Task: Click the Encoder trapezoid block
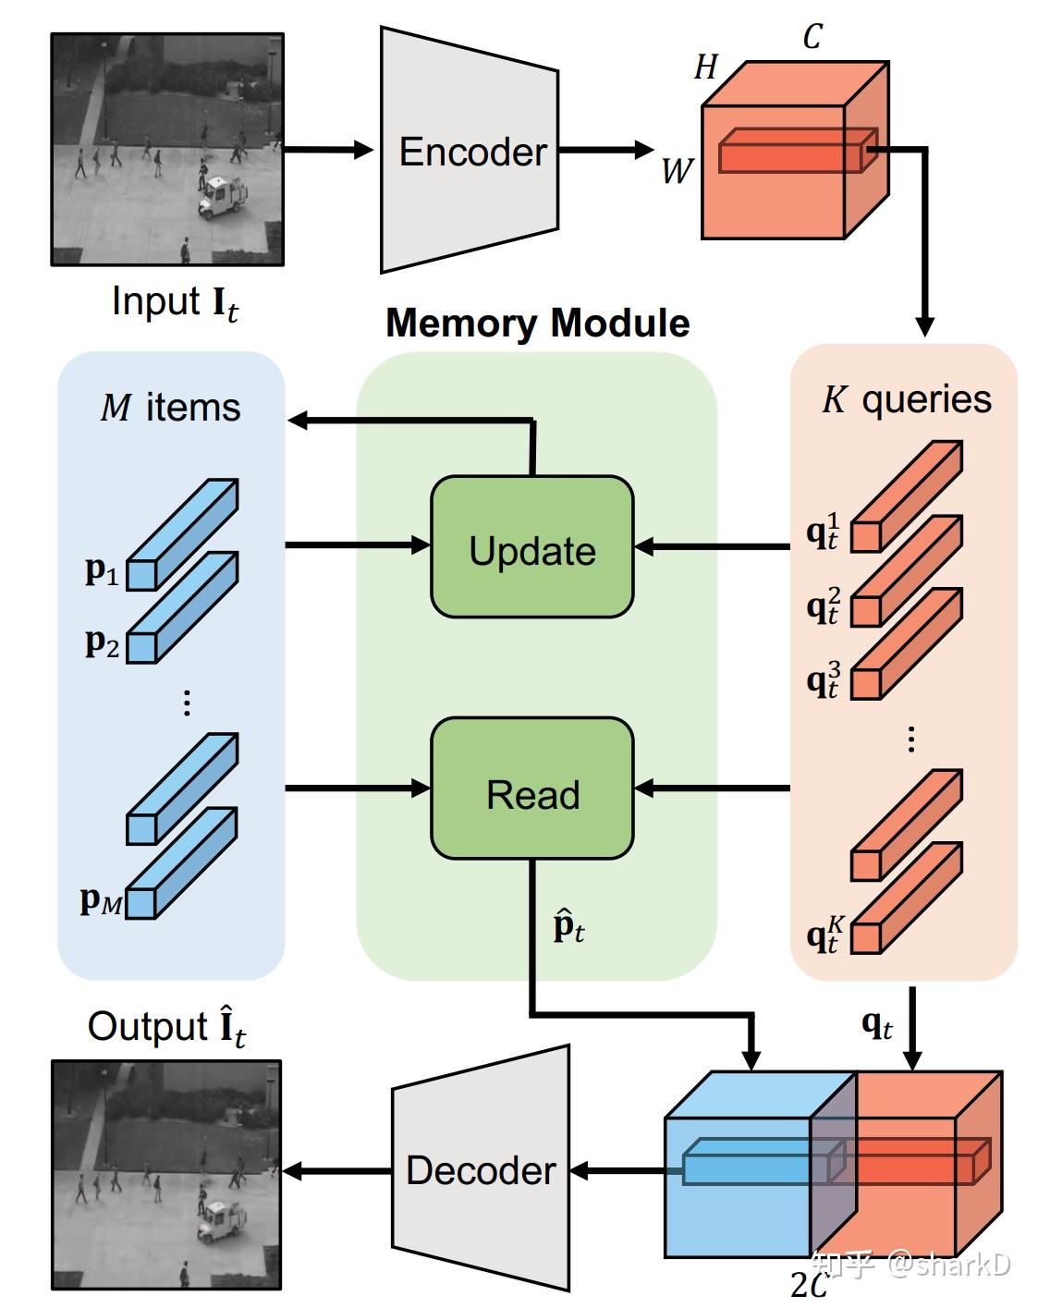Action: [x=470, y=150]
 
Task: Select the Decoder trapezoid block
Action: [x=481, y=1169]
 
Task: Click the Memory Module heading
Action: [x=537, y=324]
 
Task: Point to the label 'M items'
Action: [x=170, y=408]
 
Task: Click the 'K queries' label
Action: [x=906, y=399]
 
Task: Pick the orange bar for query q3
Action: [x=907, y=643]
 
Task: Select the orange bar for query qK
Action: [x=907, y=898]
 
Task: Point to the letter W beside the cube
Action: [x=676, y=171]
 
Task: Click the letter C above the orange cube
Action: [x=812, y=37]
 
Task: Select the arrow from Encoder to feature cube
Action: [x=605, y=150]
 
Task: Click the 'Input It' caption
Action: [x=175, y=303]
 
